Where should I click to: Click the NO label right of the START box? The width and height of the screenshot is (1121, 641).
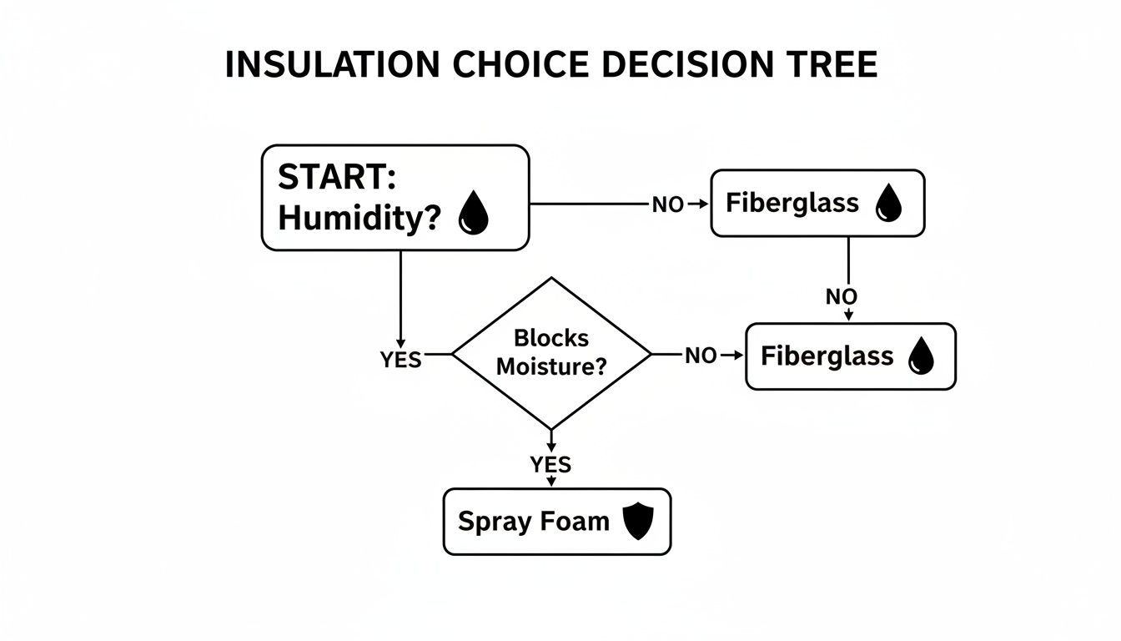[x=667, y=204]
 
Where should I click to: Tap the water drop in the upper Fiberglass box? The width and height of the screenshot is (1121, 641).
[x=887, y=204]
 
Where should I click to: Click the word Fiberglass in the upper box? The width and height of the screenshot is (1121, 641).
[x=792, y=203]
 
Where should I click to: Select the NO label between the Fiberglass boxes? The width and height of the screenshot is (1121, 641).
[x=842, y=296]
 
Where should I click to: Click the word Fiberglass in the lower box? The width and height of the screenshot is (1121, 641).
[x=827, y=356]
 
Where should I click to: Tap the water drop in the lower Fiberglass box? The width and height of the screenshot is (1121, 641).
[x=922, y=356]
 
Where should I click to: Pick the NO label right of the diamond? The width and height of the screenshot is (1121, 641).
[x=701, y=356]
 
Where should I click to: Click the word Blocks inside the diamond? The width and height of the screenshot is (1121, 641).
[x=550, y=338]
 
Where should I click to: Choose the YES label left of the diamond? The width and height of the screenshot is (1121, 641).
[x=400, y=361]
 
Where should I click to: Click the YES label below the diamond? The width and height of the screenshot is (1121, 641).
[x=550, y=465]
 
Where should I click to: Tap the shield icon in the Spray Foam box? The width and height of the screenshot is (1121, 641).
[x=639, y=522]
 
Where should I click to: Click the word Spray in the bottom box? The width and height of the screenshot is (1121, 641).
[x=488, y=522]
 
